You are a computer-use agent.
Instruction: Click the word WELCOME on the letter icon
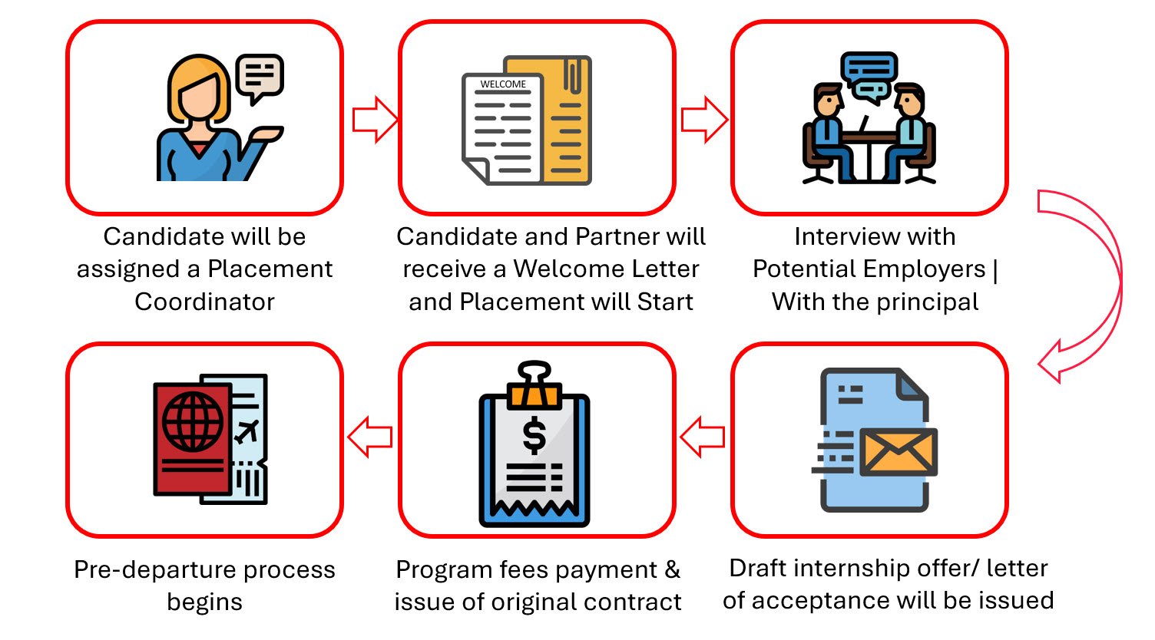point(503,84)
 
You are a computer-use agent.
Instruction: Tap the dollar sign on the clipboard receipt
point(534,435)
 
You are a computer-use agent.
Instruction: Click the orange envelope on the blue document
point(898,451)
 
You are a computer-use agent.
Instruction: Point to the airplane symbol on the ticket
point(247,431)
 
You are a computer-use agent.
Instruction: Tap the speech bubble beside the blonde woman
point(260,77)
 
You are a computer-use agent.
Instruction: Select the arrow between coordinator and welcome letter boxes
point(375,120)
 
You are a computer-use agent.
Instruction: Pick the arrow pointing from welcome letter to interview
point(704,120)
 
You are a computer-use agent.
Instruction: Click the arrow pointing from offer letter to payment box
point(703,437)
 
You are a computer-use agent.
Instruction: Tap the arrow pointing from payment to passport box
point(370,437)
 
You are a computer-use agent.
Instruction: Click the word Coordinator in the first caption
point(204,302)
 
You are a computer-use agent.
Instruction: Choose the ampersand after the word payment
point(673,569)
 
